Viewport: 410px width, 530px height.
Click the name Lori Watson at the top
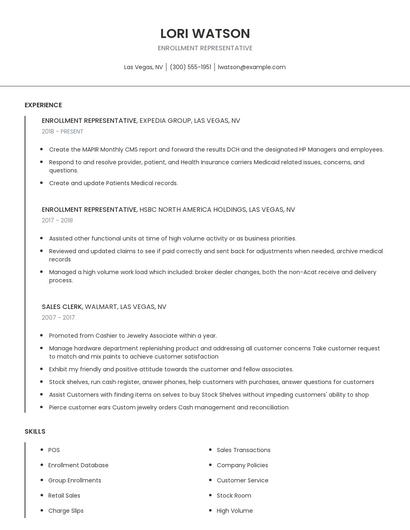click(x=205, y=33)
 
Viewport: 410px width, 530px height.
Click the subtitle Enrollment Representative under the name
click(x=205, y=48)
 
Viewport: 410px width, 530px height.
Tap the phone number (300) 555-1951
click(x=191, y=67)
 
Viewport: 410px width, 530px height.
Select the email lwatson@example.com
click(x=251, y=67)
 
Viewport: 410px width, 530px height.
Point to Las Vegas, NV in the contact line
click(x=143, y=67)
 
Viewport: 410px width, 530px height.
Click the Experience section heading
click(x=43, y=105)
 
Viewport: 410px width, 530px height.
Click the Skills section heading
click(x=35, y=431)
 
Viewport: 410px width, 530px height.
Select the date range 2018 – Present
click(x=63, y=131)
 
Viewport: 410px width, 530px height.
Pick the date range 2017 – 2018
click(x=58, y=220)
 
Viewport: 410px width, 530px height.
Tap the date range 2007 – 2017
click(x=58, y=317)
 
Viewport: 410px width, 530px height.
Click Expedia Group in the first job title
click(x=164, y=120)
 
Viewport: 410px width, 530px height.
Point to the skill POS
click(x=54, y=450)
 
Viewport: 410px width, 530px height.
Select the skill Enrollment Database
click(x=78, y=465)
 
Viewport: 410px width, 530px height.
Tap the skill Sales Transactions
click(x=243, y=450)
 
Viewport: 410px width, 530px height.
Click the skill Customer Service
click(x=242, y=480)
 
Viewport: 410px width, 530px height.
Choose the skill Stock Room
click(x=234, y=495)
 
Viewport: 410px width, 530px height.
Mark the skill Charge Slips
click(x=65, y=510)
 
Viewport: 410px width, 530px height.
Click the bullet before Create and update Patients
click(x=42, y=183)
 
